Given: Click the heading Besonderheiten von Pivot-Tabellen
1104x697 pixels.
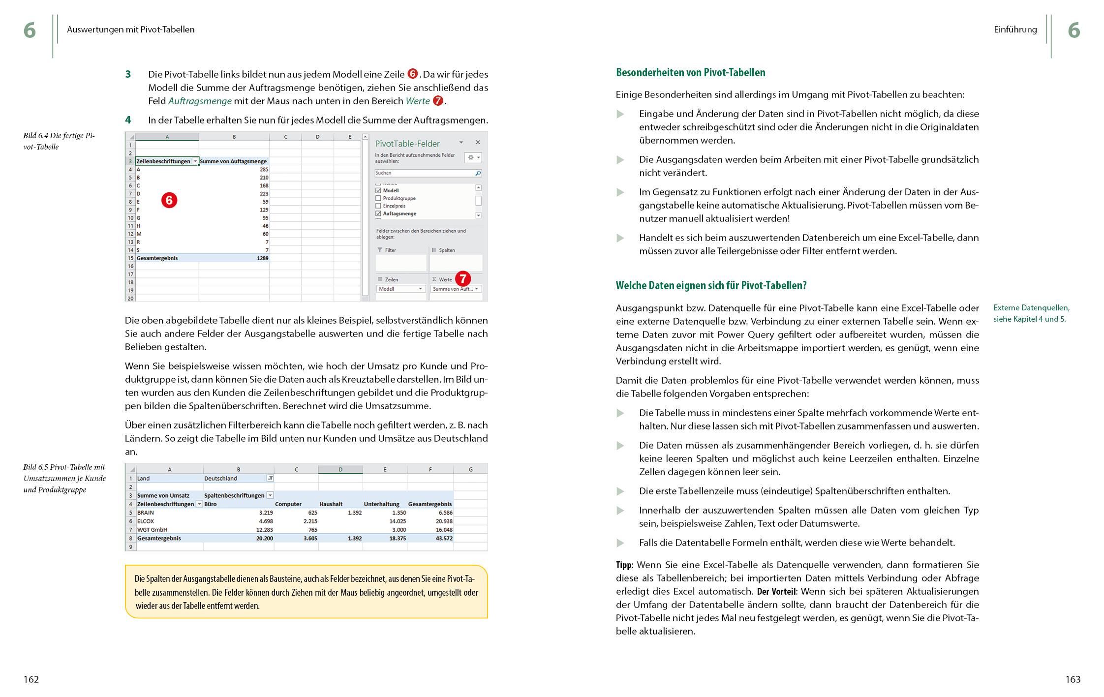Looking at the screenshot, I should click(x=690, y=73).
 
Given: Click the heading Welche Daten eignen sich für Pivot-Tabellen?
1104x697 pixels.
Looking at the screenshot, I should click(x=711, y=285).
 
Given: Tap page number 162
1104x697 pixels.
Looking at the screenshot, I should click(x=31, y=679).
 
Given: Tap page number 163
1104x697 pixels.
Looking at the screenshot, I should click(x=1073, y=679).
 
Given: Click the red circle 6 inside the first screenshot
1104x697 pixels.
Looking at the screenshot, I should click(x=169, y=200).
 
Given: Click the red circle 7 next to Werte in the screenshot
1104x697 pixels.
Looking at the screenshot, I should click(x=462, y=279).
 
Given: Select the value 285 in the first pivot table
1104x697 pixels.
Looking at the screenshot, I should click(x=264, y=169).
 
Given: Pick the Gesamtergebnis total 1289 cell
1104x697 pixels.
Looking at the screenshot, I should click(x=262, y=258).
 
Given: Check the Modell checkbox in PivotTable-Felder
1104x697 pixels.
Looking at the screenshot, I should click(x=378, y=190).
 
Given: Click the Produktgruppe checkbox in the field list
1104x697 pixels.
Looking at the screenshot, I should click(x=378, y=198).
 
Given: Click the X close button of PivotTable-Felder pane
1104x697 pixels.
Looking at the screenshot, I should click(x=477, y=142).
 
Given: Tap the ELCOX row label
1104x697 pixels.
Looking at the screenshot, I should click(x=146, y=521).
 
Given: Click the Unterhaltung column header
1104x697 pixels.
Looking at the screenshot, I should click(x=381, y=504).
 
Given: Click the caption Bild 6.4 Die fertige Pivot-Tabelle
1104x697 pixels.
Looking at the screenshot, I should click(x=59, y=141).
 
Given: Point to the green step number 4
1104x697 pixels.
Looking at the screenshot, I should click(x=128, y=120).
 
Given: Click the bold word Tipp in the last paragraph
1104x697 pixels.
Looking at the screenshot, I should click(x=623, y=565).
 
